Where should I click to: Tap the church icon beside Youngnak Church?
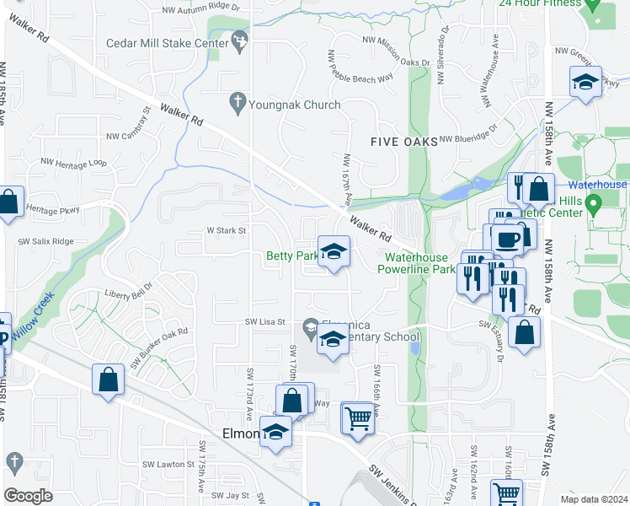click(x=237, y=104)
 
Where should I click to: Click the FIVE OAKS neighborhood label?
click(x=404, y=142)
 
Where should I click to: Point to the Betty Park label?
click(x=291, y=256)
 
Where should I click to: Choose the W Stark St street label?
click(x=227, y=229)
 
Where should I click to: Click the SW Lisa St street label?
click(x=266, y=322)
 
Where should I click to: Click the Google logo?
click(x=28, y=496)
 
